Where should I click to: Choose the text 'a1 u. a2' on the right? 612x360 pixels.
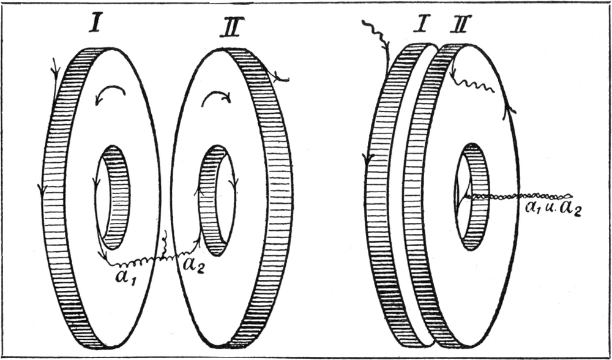click(553, 209)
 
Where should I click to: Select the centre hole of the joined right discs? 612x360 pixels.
click(472, 196)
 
